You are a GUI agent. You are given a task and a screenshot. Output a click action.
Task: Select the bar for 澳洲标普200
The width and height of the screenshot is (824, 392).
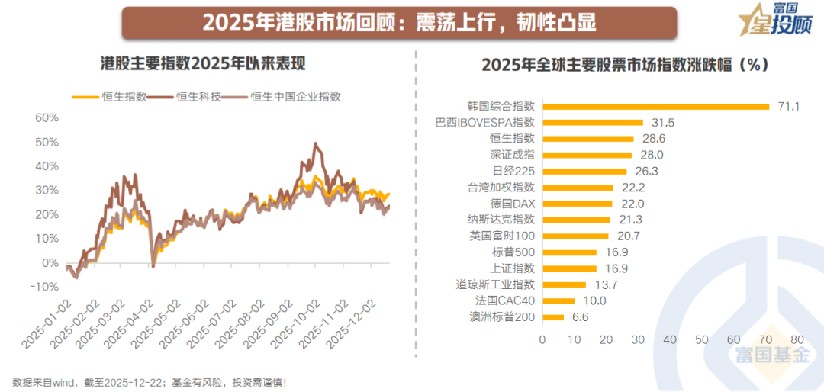552,317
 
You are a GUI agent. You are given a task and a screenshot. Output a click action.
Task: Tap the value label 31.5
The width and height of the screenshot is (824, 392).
662,122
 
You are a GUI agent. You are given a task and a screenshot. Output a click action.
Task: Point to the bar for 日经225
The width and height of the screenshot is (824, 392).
584,171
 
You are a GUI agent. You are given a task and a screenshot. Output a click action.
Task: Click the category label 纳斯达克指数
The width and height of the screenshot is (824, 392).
502,220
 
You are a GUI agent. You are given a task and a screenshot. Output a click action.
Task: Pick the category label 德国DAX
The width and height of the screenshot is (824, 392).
513,204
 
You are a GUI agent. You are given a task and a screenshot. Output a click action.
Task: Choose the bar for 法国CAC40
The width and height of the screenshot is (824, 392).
558,300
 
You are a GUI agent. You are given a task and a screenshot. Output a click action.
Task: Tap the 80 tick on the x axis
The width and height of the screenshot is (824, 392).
797,339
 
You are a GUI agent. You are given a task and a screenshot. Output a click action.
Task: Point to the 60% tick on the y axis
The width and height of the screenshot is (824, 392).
47,117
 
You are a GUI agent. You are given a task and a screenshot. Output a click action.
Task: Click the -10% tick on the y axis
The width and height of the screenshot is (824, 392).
45,287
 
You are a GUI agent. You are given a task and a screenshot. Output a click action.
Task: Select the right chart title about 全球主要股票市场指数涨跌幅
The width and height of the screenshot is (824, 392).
623,65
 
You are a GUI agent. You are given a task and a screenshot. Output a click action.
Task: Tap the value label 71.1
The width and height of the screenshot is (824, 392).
788,106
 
